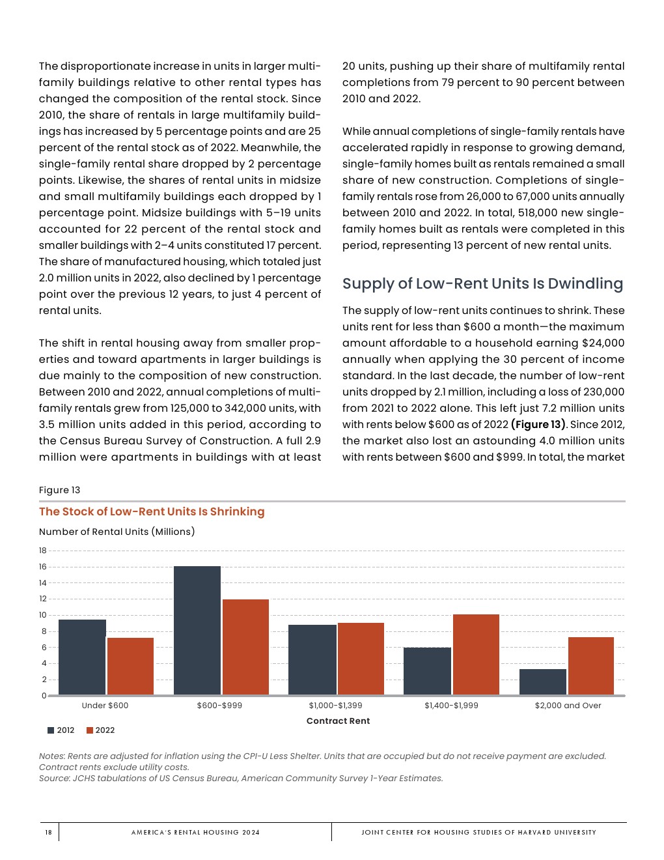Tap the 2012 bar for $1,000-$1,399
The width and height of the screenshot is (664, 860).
(x=312, y=659)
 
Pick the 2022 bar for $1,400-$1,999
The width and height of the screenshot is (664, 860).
(x=476, y=654)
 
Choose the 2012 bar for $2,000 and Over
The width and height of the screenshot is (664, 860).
(x=542, y=681)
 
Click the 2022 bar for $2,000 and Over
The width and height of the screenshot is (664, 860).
(x=590, y=666)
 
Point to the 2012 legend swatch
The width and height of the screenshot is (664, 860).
(x=51, y=730)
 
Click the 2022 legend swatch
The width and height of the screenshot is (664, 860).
(x=90, y=730)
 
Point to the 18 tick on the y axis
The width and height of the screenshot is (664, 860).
(x=43, y=551)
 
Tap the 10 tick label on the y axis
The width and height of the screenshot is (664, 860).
(x=43, y=615)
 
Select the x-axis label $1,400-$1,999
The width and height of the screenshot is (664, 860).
(x=451, y=706)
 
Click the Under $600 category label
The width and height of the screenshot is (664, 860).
(x=105, y=706)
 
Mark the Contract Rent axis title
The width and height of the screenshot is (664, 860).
(x=338, y=721)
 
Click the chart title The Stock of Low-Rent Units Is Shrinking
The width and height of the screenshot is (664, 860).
(x=152, y=511)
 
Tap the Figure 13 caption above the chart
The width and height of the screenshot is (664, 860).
(x=59, y=490)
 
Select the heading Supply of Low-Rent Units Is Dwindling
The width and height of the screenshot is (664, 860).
(x=482, y=283)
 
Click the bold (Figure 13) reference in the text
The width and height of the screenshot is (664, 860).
(x=538, y=425)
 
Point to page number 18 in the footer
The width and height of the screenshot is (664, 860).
(x=48, y=832)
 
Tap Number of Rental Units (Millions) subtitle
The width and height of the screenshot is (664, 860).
(x=117, y=532)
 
